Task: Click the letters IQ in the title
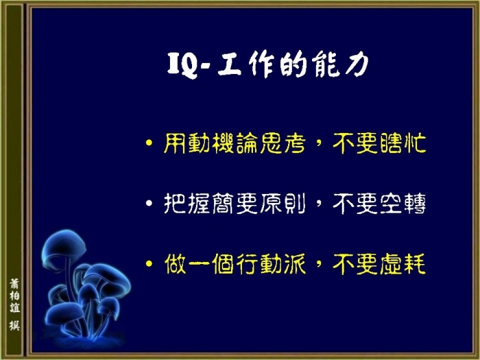182,65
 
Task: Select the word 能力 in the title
340,65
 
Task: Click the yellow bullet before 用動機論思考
149,143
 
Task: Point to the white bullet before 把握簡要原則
149,203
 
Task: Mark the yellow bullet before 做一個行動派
149,263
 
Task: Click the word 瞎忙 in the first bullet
403,143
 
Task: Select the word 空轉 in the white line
403,203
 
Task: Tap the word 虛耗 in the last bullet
403,263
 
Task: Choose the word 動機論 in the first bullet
223,143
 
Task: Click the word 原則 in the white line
283,203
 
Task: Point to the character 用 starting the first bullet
174,143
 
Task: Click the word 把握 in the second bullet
187,203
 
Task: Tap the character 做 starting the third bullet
175,263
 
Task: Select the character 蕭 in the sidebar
14,283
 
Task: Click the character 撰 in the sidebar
14,326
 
